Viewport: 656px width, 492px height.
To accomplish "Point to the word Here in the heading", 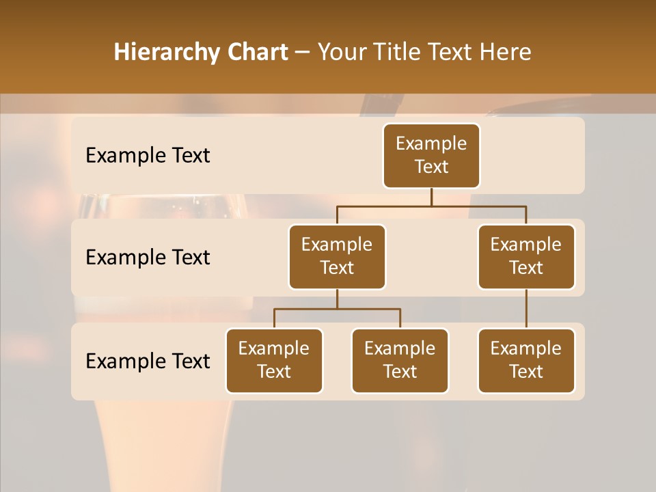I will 506,53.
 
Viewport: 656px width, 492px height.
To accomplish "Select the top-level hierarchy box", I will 431,156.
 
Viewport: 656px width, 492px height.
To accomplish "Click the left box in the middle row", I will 337,256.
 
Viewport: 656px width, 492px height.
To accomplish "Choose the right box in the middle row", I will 526,256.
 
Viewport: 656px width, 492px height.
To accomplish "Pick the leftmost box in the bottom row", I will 274,360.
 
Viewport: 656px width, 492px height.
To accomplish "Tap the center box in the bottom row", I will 400,360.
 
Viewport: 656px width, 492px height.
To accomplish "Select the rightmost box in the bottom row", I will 526,360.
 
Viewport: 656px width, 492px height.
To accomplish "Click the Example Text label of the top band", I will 148,156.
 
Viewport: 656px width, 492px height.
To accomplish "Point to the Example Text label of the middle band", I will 148,258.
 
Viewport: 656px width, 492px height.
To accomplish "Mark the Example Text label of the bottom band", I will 148,361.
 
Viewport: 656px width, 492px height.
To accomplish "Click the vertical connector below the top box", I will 431,197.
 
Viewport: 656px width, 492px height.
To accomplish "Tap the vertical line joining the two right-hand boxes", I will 526,309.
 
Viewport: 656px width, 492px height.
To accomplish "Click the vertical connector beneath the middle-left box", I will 337,299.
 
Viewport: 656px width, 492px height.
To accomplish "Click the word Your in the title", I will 344,53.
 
